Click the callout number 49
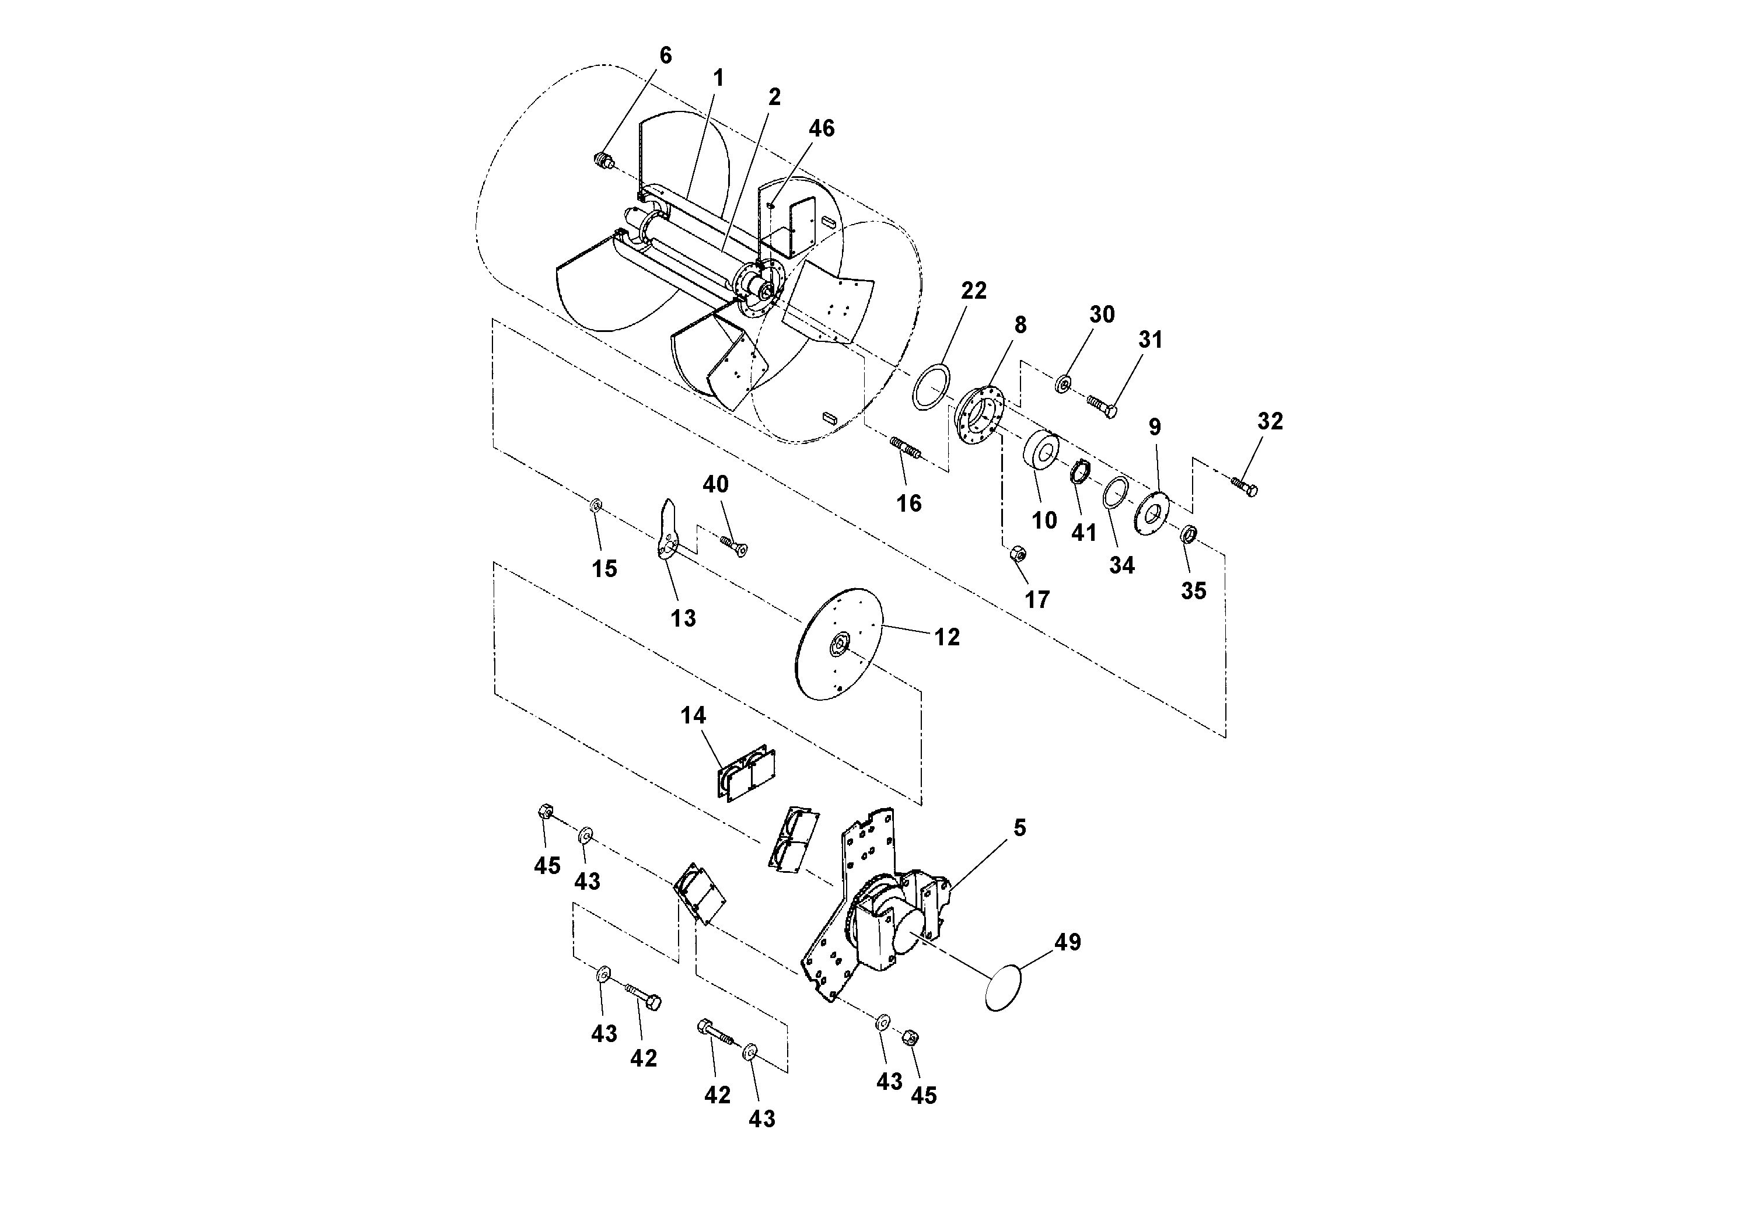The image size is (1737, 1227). pyautogui.click(x=1068, y=942)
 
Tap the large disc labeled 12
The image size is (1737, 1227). pyautogui.click(x=840, y=645)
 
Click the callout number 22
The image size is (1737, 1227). pyautogui.click(x=974, y=291)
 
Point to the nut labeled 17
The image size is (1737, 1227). pyautogui.click(x=1018, y=554)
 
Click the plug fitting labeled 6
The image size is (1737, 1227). pyautogui.click(x=602, y=161)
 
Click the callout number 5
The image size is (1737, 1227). pyautogui.click(x=1019, y=829)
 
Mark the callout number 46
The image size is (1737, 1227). pyautogui.click(x=821, y=128)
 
